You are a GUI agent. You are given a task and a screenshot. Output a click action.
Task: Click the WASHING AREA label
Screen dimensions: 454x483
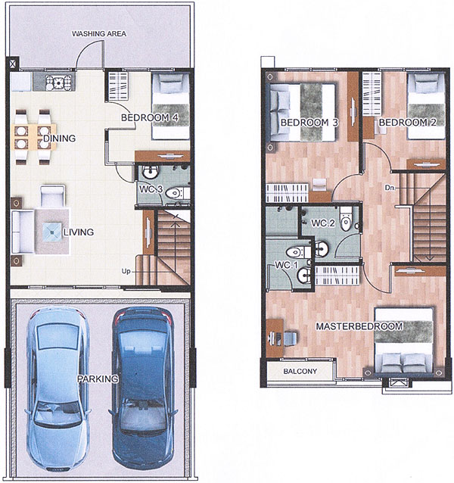click(x=99, y=33)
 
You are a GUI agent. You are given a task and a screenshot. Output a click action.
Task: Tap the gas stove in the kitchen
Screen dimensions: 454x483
click(x=58, y=82)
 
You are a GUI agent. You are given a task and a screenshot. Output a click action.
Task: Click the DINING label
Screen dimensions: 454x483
click(x=60, y=139)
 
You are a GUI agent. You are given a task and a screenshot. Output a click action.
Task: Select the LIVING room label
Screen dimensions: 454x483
click(x=79, y=232)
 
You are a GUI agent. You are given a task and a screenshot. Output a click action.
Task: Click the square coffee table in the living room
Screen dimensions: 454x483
click(x=51, y=232)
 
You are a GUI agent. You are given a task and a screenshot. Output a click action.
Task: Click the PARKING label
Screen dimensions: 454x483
click(x=98, y=379)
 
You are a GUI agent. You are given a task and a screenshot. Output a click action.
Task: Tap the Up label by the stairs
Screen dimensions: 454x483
click(x=126, y=271)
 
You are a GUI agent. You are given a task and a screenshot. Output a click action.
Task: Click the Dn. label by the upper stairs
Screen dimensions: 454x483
click(x=390, y=187)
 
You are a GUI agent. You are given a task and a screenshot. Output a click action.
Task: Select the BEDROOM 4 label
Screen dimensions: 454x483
click(x=150, y=117)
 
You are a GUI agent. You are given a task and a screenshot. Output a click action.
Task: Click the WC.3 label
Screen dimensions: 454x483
click(x=151, y=189)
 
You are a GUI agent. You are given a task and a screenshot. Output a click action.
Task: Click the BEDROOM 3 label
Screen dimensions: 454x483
click(x=309, y=123)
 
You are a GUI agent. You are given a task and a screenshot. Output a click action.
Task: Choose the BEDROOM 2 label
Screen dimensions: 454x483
click(x=408, y=123)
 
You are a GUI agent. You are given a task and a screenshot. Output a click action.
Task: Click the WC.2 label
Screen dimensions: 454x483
click(x=323, y=223)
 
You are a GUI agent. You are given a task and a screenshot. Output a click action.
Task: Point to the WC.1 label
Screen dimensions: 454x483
click(x=287, y=265)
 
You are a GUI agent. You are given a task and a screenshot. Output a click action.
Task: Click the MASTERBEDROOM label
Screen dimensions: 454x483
click(x=359, y=326)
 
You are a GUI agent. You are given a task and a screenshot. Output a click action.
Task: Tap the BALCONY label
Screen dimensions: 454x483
click(x=300, y=371)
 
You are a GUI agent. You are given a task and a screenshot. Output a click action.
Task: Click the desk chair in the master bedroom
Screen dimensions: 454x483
click(x=290, y=338)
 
